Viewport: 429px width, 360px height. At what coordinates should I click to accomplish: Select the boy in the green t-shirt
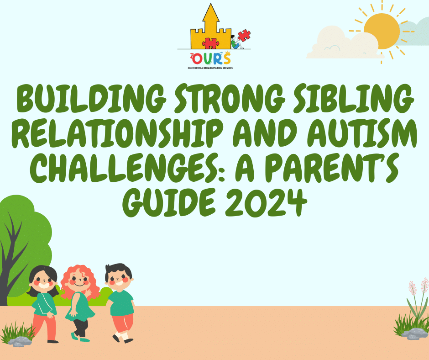pyautogui.click(x=120, y=302)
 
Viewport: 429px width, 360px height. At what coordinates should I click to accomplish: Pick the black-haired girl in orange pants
pyautogui.click(x=43, y=302)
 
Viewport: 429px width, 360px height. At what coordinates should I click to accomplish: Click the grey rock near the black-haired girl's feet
pyautogui.click(x=21, y=341)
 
